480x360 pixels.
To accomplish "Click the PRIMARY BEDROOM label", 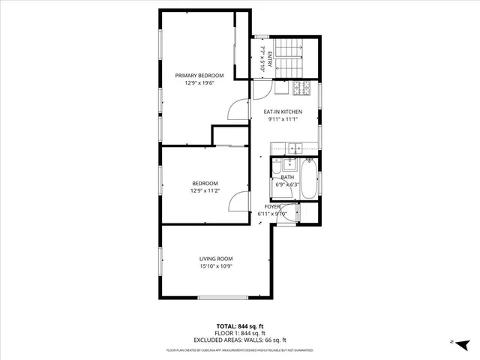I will [199, 76].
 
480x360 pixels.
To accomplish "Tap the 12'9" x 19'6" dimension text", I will [199, 83].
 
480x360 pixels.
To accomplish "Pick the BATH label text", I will [288, 177].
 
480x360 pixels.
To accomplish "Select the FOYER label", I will [272, 206].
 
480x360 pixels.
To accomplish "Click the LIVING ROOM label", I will [217, 259].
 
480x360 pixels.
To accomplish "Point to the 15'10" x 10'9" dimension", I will [217, 266].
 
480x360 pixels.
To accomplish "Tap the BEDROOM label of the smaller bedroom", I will [205, 184].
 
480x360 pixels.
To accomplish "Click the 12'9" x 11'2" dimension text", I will [205, 191].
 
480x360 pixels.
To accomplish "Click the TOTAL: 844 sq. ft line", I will [240, 325].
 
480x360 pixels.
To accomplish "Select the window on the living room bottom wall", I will [222, 297].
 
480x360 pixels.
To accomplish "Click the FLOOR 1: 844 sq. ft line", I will [240, 332].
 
